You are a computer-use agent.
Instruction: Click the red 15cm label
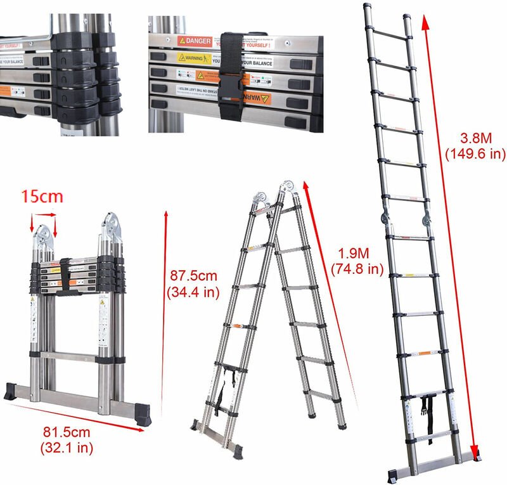click(43, 196)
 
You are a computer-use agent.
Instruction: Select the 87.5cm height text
click(195, 277)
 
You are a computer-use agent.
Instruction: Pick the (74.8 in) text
click(357, 268)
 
